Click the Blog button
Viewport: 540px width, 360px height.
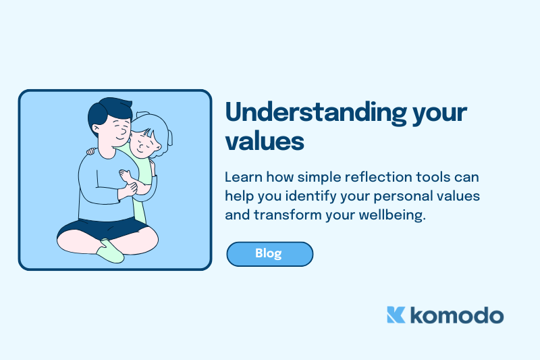pos(269,254)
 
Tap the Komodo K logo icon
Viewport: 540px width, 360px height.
pos(396,315)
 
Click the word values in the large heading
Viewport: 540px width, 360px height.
pos(265,141)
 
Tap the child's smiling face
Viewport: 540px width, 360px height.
pos(144,143)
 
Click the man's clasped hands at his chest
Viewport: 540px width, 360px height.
pos(128,184)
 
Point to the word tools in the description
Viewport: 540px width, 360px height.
pos(435,178)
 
